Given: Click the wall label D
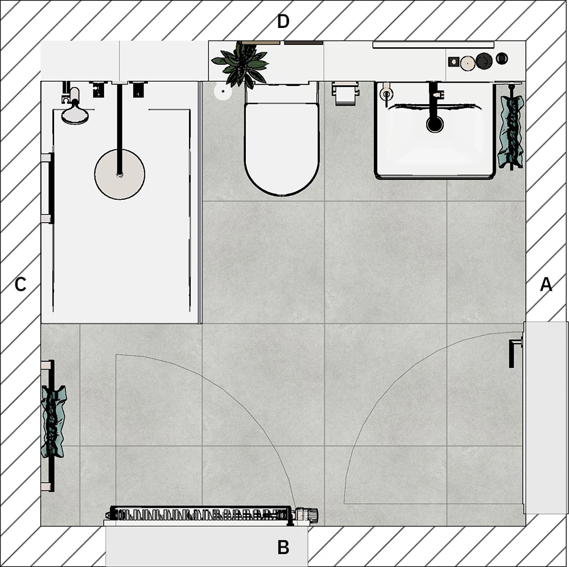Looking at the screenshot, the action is (283, 22).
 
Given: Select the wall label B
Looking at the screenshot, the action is (283, 547).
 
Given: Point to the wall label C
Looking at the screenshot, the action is (20, 284).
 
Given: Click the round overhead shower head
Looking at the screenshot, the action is (119, 174).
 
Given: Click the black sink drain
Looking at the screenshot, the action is (435, 124).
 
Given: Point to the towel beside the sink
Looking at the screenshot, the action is (511, 132).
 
